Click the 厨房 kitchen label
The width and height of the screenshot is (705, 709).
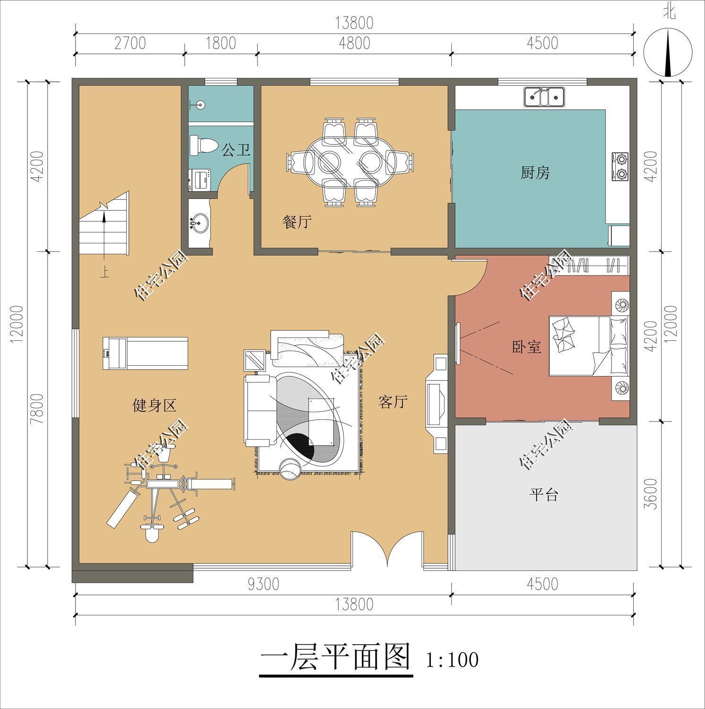click(x=535, y=173)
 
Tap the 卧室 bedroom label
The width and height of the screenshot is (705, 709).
click(x=526, y=347)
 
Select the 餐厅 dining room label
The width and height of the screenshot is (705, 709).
click(x=297, y=222)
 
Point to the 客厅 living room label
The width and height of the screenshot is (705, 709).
click(x=393, y=402)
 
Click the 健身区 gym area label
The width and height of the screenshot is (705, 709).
click(x=154, y=405)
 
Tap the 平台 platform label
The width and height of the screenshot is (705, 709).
click(x=543, y=495)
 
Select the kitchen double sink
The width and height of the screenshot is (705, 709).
click(x=544, y=97)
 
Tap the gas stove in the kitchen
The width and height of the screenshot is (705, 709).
click(x=620, y=166)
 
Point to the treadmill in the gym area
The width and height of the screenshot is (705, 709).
click(x=145, y=353)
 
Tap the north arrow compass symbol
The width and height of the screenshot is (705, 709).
click(x=668, y=52)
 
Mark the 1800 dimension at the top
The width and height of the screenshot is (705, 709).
click(x=221, y=43)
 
